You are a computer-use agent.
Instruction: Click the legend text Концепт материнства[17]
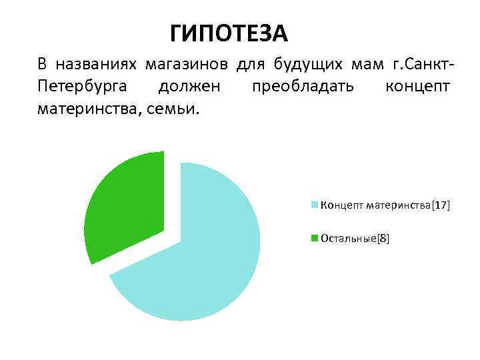(385, 206)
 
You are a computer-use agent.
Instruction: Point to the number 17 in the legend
(441, 206)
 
